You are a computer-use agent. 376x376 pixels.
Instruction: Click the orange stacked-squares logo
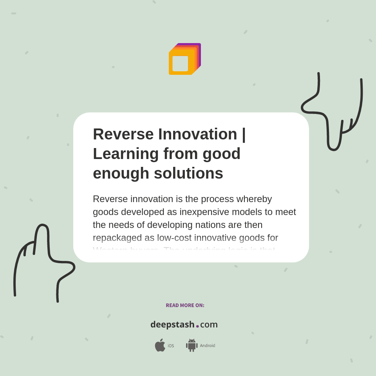(184, 59)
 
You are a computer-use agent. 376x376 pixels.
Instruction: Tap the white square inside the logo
(180, 63)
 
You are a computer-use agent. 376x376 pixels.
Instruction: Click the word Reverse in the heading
(123, 134)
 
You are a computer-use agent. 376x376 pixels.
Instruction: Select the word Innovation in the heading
(197, 134)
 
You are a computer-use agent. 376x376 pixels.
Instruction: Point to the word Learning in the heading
(125, 154)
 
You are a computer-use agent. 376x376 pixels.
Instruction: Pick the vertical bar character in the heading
(244, 134)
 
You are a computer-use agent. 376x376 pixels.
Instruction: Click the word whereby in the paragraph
(256, 199)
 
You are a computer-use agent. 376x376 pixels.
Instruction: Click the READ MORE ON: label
(185, 305)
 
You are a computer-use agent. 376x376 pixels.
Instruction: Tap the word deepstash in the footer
(172, 325)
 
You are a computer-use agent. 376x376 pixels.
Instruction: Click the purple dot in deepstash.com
(197, 326)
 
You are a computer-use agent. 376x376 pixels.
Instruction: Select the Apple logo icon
(160, 345)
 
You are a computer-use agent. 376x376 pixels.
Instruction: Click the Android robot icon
(192, 345)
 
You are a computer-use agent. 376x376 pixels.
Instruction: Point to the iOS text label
(171, 346)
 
